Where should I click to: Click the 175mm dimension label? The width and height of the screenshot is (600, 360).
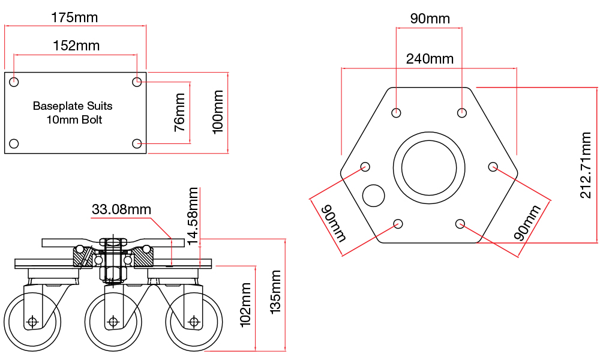[x=74, y=17]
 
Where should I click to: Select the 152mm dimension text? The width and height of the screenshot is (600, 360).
[x=76, y=46]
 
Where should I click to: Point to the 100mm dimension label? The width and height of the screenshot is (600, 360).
[x=218, y=112]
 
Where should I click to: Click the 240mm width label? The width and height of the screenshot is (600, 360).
[x=430, y=59]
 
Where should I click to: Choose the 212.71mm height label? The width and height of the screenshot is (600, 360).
[x=587, y=165]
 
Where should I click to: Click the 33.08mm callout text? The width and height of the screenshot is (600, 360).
[x=121, y=209]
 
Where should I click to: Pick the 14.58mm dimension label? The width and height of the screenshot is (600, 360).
[x=193, y=216]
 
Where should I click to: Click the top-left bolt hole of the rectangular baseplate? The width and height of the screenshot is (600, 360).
[x=14, y=82]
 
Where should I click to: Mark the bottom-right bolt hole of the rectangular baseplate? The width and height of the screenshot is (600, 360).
[x=137, y=143]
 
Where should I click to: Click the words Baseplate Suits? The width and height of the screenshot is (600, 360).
[x=73, y=106]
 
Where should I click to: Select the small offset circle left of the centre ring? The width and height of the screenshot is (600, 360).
[x=374, y=195]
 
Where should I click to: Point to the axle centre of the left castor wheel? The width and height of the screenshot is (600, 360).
[x=32, y=322]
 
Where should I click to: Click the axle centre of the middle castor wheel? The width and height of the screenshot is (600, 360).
[x=113, y=322]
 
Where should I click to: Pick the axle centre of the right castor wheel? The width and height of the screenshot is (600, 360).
[x=193, y=322]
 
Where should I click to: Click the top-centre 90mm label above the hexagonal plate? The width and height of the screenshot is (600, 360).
[x=430, y=19]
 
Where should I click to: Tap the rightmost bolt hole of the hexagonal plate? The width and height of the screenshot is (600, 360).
[x=493, y=166]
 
